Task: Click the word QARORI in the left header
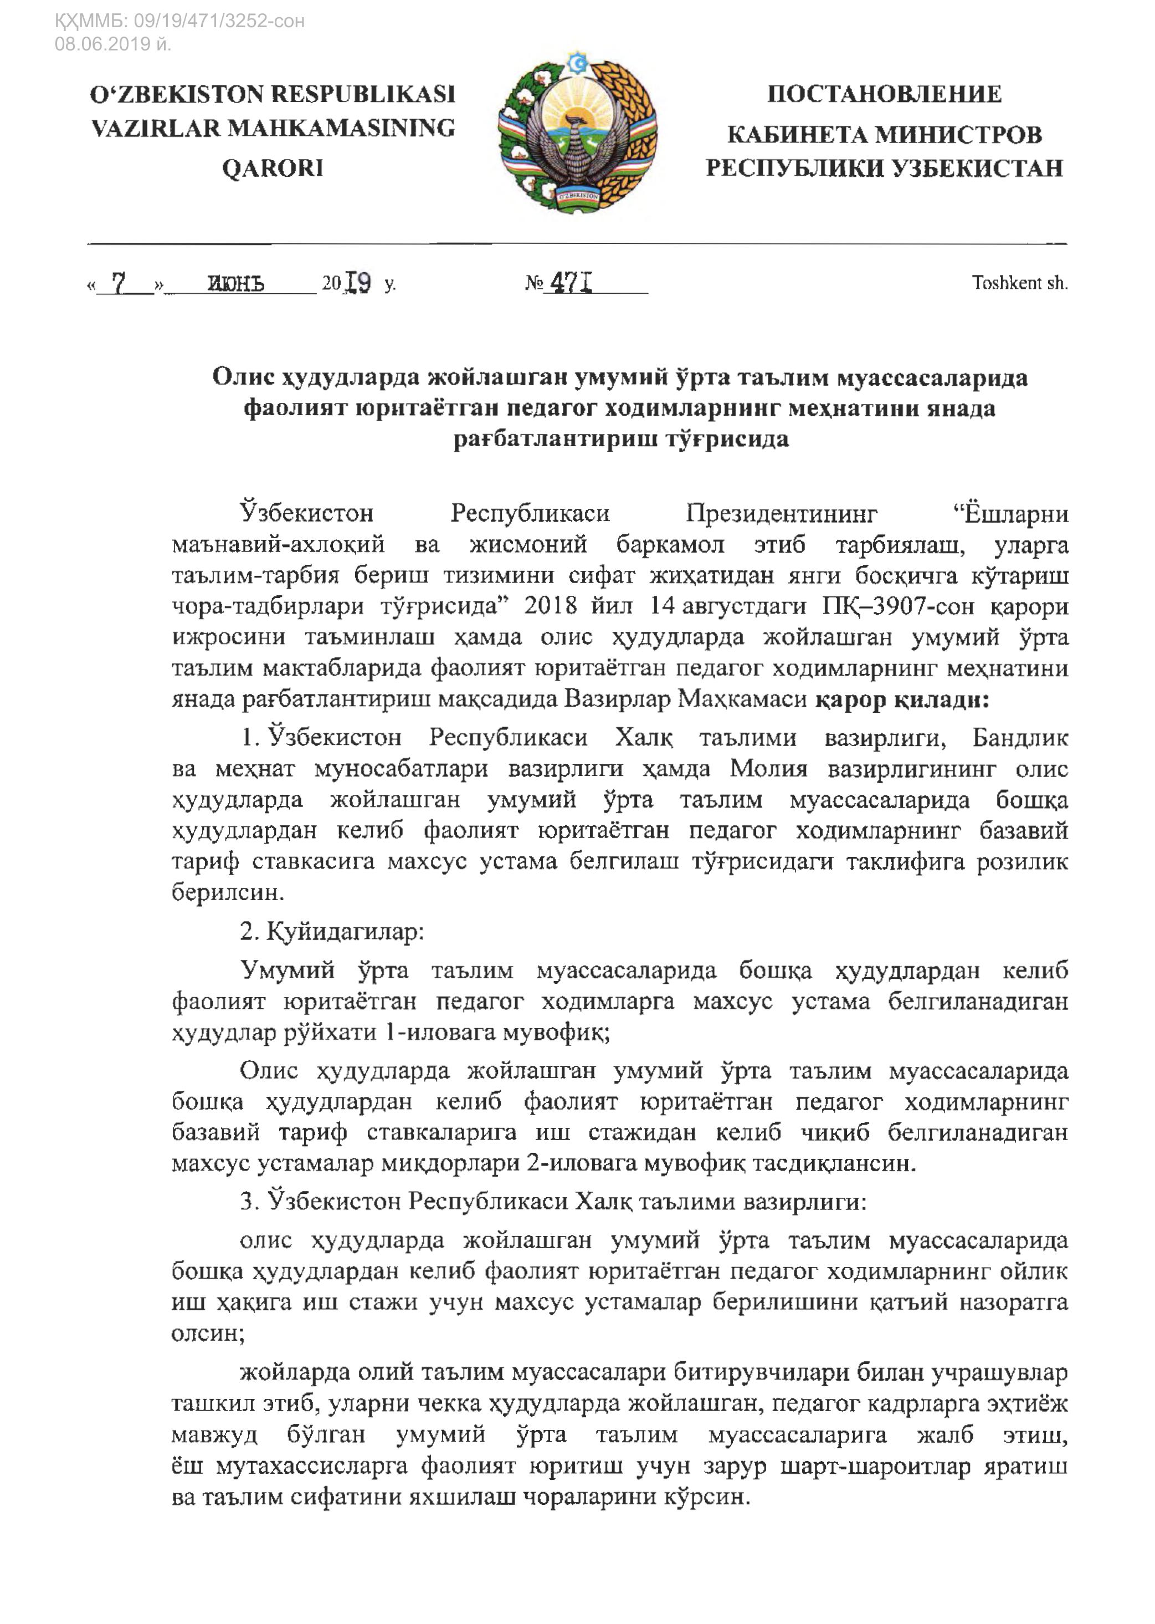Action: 273,168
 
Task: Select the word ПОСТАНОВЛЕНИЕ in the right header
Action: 884,94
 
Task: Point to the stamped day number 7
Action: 119,283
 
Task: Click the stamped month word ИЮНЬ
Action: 235,284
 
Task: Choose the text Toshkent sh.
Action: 1019,283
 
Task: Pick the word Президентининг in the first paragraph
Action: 781,514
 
